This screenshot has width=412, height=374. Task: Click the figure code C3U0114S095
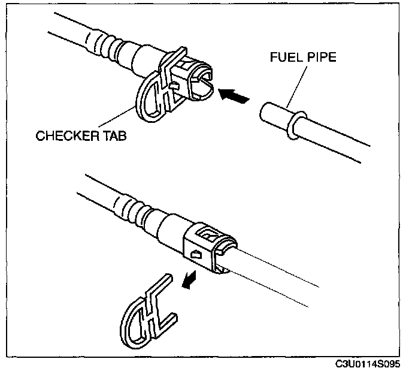(369, 365)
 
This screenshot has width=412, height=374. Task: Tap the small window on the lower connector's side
(195, 255)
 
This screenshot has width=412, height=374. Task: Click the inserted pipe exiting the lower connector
(281, 273)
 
